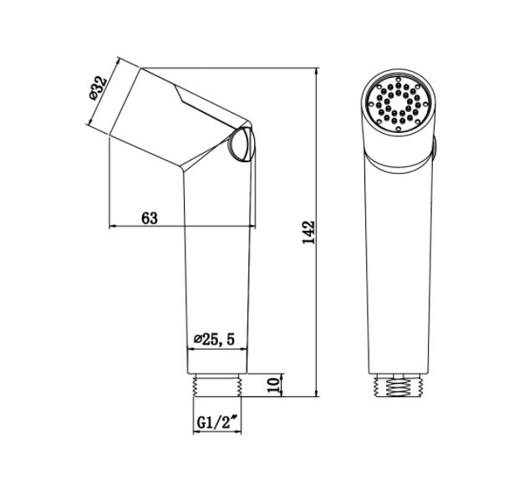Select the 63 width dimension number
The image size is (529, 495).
pyautogui.click(x=150, y=218)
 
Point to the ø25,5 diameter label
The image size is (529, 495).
pyautogui.click(x=216, y=339)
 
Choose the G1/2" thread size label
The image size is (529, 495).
pyautogui.click(x=216, y=424)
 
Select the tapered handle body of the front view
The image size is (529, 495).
pyautogui.click(x=399, y=268)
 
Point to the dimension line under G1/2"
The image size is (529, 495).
pyautogui.click(x=216, y=435)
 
